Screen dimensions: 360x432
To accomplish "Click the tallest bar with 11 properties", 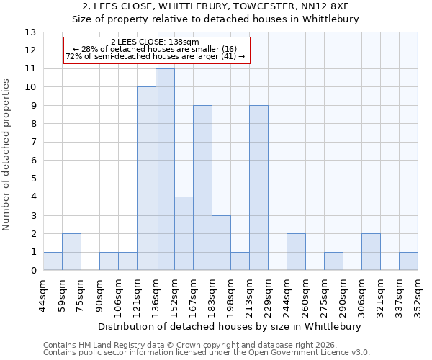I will (165, 169).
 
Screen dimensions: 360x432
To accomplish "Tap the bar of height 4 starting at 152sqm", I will (184, 233).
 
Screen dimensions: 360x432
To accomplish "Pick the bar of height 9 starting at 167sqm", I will (202, 188).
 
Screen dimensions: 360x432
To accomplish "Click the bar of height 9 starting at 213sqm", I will (258, 188).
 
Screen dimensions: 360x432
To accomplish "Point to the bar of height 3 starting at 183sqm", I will (221, 243).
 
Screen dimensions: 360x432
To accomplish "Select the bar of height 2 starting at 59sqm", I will (71, 252).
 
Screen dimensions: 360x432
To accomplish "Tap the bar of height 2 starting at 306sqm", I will (371, 252).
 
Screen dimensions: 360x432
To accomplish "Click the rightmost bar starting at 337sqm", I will (408, 261).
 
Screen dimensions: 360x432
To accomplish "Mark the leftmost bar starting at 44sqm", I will (53, 261).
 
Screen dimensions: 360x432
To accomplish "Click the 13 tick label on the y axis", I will (30, 32).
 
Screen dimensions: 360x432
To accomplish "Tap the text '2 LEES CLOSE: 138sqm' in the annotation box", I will (156, 42).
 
